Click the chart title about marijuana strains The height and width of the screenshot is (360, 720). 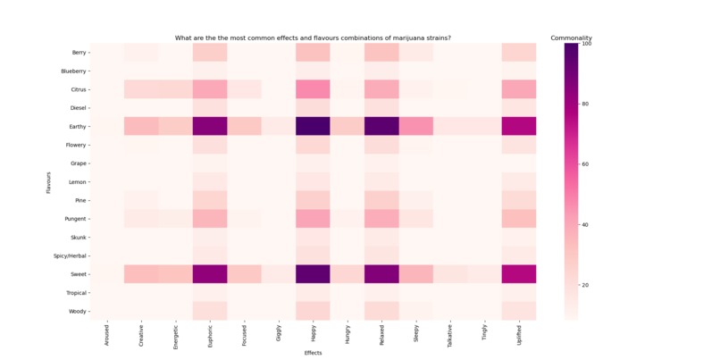click(x=313, y=38)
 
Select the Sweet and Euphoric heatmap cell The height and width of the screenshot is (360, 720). click(x=210, y=274)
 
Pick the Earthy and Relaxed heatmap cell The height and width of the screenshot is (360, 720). click(x=381, y=126)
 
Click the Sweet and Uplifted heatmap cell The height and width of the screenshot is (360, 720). click(x=519, y=274)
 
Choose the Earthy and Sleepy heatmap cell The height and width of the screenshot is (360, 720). click(x=415, y=126)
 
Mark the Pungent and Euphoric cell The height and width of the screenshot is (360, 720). click(x=210, y=219)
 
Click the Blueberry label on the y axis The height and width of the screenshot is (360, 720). click(x=73, y=71)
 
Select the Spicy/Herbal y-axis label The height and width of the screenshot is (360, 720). click(x=70, y=256)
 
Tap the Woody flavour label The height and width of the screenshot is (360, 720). click(x=77, y=312)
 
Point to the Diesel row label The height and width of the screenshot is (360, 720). click(x=77, y=108)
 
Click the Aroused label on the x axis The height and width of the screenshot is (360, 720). click(x=107, y=336)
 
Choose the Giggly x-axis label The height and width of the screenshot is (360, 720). click(x=279, y=333)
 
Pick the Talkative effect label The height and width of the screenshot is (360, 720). click(x=450, y=337)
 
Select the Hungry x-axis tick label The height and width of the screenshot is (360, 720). click(x=347, y=334)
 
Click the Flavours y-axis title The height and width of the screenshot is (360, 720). click(x=50, y=182)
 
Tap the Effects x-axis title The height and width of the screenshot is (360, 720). click(x=313, y=353)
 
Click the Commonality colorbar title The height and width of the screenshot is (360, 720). click(x=571, y=38)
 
